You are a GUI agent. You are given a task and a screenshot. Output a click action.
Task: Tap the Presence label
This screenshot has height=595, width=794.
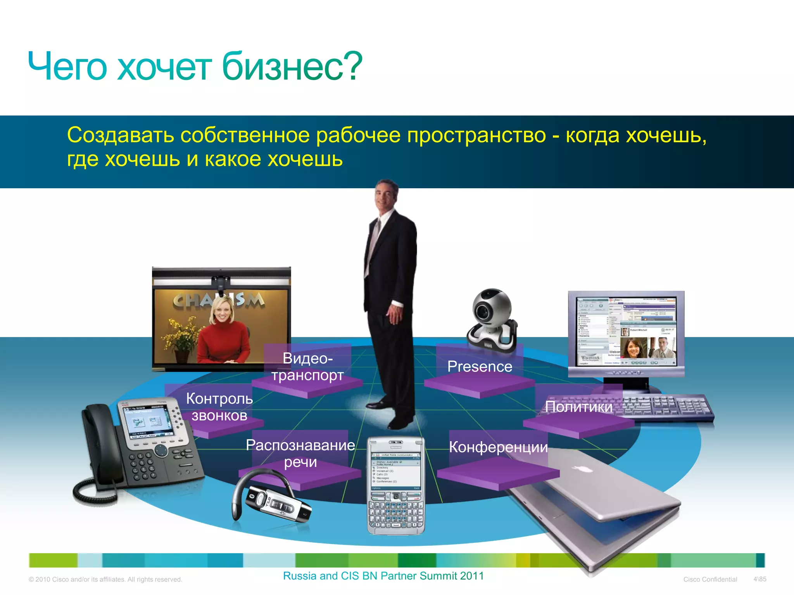click(480, 366)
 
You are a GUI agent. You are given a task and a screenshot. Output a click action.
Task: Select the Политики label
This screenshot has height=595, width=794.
click(578, 407)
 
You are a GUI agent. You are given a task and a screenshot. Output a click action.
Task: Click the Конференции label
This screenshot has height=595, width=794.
click(498, 447)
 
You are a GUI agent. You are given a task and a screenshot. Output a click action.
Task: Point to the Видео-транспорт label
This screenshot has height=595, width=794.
click(307, 366)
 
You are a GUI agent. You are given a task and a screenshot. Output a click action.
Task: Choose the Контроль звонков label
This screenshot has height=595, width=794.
click(219, 407)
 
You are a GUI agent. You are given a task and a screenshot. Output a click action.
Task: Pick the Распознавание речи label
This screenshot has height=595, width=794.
click(300, 453)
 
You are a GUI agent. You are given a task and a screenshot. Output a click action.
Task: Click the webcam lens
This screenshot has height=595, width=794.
click(484, 311)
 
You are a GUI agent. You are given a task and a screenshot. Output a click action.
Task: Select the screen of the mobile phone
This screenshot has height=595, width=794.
click(395, 471)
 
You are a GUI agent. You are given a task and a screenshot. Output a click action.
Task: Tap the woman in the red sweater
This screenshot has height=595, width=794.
click(223, 333)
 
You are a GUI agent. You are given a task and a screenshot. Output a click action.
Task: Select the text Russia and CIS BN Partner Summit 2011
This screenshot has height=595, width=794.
click(383, 576)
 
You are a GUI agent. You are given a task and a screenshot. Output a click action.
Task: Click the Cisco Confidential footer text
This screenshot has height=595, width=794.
click(710, 580)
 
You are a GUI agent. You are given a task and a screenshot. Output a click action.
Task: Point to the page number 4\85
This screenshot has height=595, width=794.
click(759, 579)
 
